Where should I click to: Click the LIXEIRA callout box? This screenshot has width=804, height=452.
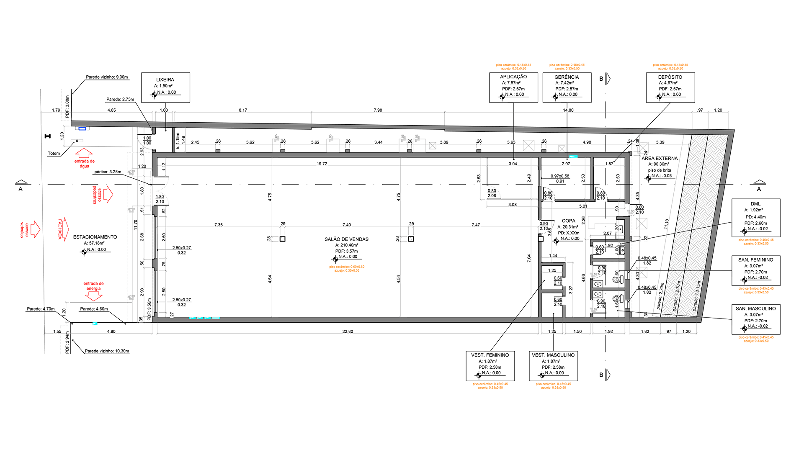pos(165,87)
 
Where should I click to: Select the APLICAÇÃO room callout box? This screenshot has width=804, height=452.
pos(513,87)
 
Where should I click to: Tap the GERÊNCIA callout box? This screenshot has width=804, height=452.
pos(567,87)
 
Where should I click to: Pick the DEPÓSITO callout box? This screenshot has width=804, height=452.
pos(670,87)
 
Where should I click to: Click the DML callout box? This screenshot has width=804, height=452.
pos(755,218)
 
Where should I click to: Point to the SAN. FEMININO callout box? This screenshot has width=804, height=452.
pos(755,270)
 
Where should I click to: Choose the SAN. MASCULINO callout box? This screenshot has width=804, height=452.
pos(755,319)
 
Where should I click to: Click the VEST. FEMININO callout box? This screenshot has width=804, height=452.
pos(490,366)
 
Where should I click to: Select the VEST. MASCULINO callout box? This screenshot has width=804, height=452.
pos(553,366)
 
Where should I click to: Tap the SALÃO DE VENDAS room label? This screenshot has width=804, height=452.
pos(346,239)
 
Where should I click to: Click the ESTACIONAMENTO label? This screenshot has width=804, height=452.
pos(95,237)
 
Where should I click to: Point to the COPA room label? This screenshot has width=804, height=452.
pos(568,221)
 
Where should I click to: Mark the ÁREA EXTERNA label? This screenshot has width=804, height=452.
pos(660,159)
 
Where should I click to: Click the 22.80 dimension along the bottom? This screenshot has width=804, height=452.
pos(348,331)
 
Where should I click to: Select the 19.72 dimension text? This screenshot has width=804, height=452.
pos(322,164)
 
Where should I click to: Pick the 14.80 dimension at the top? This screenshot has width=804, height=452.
pos(568,110)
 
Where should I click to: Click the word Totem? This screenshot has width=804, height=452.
pos(54,154)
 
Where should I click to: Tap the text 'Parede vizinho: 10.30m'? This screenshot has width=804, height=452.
pos(107,351)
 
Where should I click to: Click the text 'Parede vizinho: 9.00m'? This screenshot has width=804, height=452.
pos(107,77)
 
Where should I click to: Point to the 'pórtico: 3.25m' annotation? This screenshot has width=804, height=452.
pos(108,172)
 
